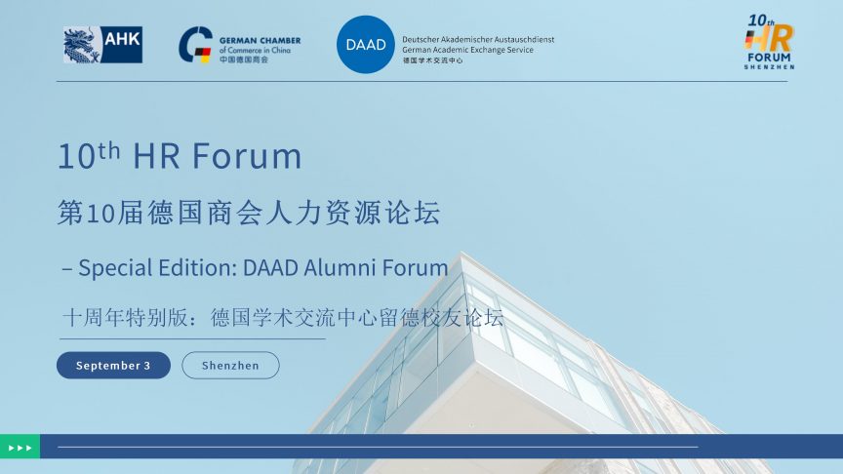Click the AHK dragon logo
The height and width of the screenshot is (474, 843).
pos(102,45)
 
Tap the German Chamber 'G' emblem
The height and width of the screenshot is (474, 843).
pos(195,45)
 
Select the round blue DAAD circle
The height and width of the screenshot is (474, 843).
pos(366,44)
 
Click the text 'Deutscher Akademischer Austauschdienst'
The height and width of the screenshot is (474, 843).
pos(478,39)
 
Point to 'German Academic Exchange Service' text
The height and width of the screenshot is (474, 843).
pos(467,50)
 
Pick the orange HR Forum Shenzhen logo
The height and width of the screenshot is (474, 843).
pos(770,42)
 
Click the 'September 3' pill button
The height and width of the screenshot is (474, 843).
pos(113,366)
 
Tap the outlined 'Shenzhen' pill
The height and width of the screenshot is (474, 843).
pos(230,366)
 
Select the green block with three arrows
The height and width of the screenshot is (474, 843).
pos(20,447)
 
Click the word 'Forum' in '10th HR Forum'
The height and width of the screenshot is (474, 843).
pos(247,156)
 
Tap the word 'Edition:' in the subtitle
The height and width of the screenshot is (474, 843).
pos(196,267)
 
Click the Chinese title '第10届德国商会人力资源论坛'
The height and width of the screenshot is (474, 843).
pos(250,213)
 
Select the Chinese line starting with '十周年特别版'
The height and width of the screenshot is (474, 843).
pos(283,318)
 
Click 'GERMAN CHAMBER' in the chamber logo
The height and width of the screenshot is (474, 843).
pos(261,40)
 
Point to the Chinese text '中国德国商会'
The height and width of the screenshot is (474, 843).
pos(244,59)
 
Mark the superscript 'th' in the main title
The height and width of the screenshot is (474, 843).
pos(108,150)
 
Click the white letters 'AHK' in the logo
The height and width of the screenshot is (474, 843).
pos(122,39)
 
